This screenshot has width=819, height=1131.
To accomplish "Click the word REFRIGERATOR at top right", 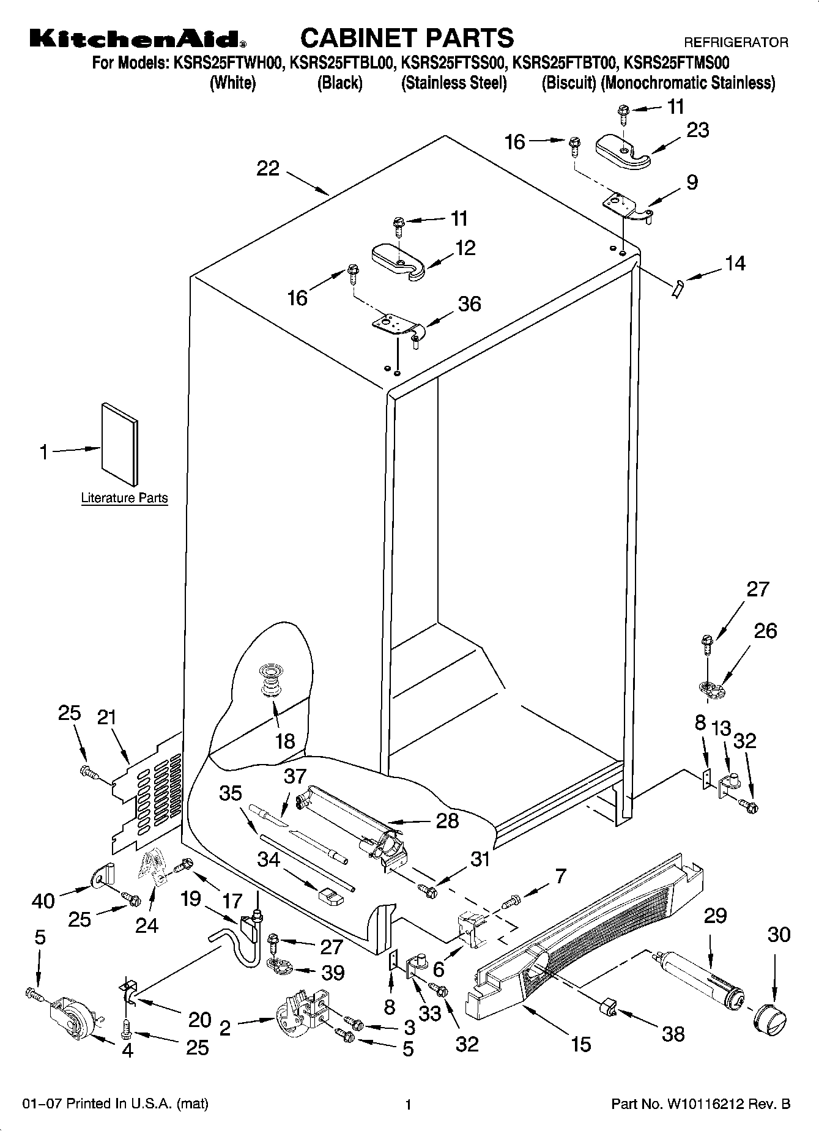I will pyautogui.click(x=736, y=43).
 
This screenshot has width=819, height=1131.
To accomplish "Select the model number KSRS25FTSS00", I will pyautogui.click(x=454, y=63).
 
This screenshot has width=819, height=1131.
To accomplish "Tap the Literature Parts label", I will pyautogui.click(x=124, y=498).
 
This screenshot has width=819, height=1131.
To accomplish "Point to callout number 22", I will pyautogui.click(x=268, y=169).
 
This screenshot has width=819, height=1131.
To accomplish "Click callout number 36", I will pyautogui.click(x=470, y=304).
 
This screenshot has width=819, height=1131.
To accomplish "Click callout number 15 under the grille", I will pyautogui.click(x=580, y=1044).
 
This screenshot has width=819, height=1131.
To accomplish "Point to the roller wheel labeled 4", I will pyautogui.click(x=73, y=1019).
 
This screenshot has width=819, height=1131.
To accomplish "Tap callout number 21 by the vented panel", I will pyautogui.click(x=106, y=718).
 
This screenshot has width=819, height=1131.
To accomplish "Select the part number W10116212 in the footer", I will pyautogui.click(x=701, y=1105).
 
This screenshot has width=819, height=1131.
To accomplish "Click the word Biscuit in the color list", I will pyautogui.click(x=568, y=83).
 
